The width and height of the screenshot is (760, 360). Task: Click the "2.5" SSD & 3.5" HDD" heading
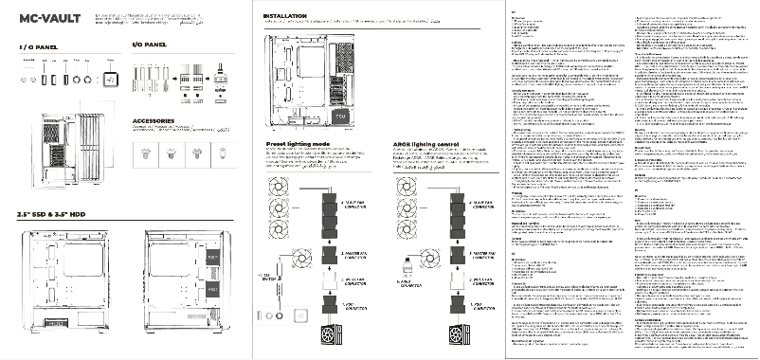tap(59, 214)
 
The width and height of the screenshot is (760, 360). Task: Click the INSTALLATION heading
tap(284, 17)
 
